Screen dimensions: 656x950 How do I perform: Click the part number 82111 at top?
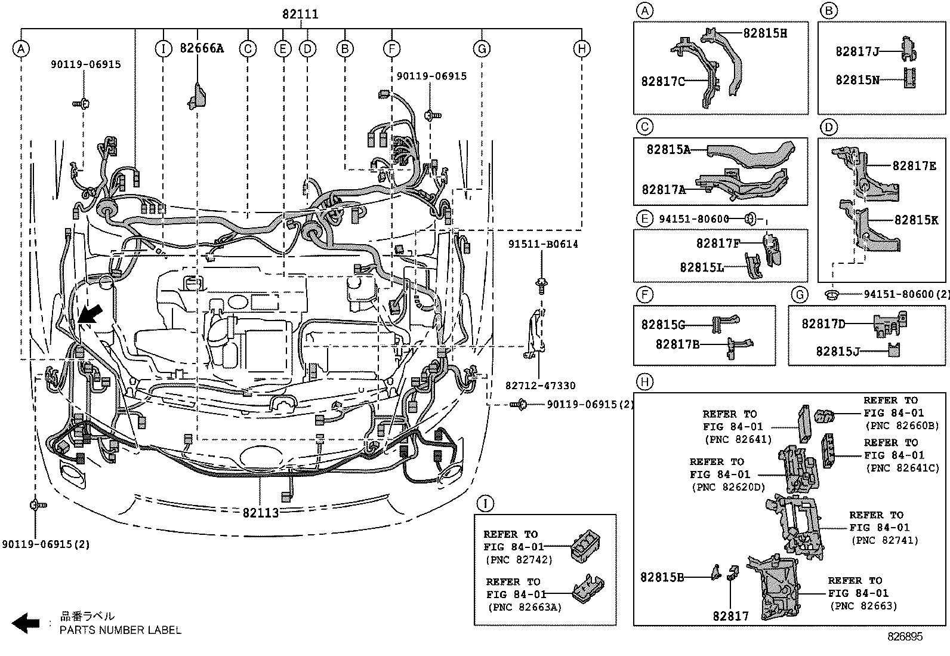coord(300,14)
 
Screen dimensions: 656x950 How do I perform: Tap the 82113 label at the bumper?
coord(261,513)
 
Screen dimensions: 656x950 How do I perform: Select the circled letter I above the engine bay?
coord(163,49)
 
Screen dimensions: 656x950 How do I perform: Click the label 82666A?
coord(202,48)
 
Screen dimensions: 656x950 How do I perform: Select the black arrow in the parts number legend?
coord(26,623)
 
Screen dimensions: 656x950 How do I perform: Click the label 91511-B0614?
coord(543,244)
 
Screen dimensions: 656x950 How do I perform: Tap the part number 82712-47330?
coord(541,386)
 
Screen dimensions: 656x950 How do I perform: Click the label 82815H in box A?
coord(764,33)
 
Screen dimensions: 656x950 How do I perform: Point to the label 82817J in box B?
coord(858,52)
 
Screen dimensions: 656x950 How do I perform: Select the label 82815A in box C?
coord(668,150)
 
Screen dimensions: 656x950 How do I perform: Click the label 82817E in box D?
coord(914,166)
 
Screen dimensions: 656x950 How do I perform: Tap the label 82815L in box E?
coord(701,267)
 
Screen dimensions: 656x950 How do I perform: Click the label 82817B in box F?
coord(677,344)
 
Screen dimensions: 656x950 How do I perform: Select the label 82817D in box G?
coord(823,324)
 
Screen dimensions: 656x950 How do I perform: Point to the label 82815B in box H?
coord(662,577)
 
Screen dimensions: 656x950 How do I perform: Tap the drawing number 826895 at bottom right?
coord(905,637)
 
